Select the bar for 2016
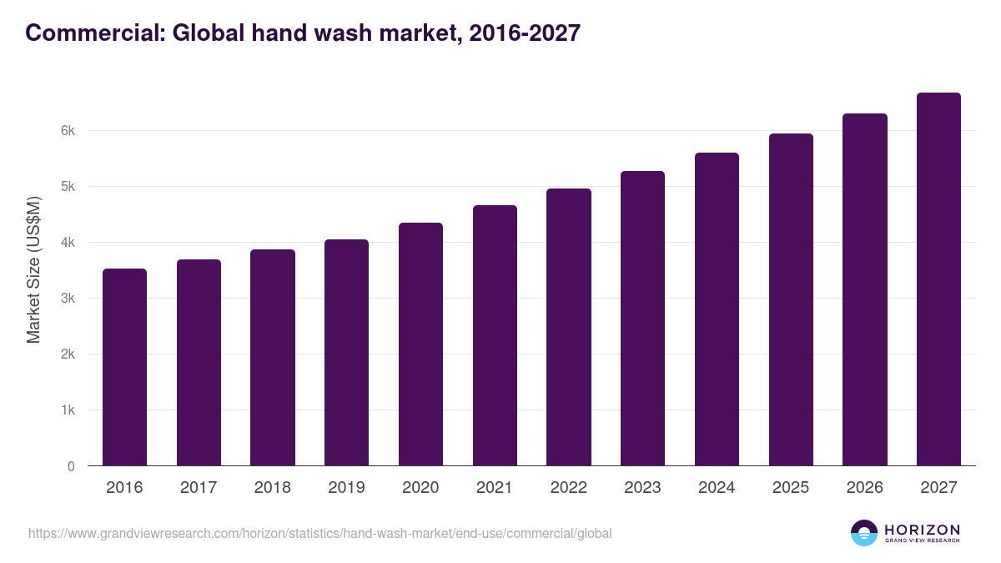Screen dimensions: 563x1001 point(124,367)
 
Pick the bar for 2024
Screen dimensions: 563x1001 point(717,309)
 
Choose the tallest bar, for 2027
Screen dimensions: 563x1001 point(938,279)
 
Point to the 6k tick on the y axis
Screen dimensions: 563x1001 point(68,131)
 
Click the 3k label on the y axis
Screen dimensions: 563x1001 point(68,299)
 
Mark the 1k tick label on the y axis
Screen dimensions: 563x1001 point(68,410)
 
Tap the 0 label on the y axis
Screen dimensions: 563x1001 point(71,466)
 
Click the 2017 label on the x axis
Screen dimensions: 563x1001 point(199,488)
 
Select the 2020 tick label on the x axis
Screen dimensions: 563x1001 point(420,488)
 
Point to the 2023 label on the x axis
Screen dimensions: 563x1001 point(642,488)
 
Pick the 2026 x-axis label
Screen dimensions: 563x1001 point(864,488)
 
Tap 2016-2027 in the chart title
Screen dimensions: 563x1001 point(524,33)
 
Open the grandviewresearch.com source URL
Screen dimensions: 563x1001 point(320,533)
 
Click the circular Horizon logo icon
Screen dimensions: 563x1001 point(864,533)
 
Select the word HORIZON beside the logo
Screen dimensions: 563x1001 point(922,529)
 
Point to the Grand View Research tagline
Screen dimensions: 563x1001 point(922,541)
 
